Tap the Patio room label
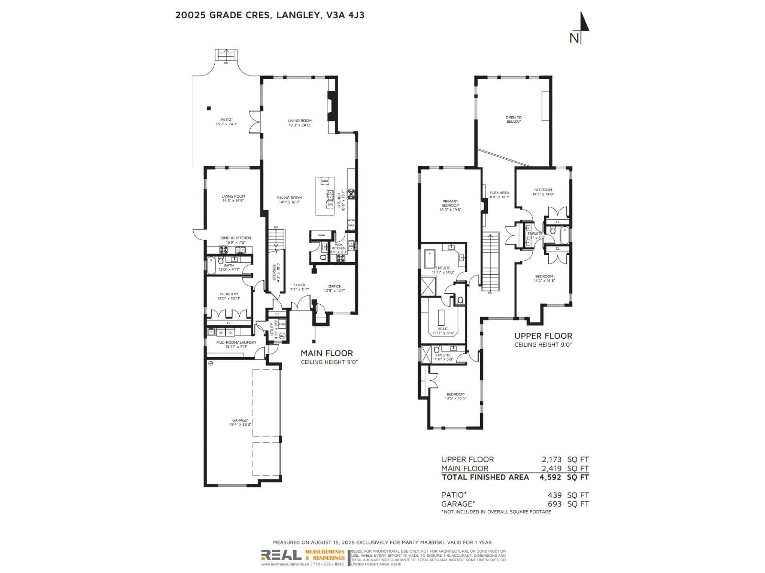coord(227,120)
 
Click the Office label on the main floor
coord(334,286)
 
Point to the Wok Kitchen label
coord(339,246)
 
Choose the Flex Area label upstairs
coord(499,193)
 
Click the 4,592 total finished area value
coord(549,477)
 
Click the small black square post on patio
coord(209,108)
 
